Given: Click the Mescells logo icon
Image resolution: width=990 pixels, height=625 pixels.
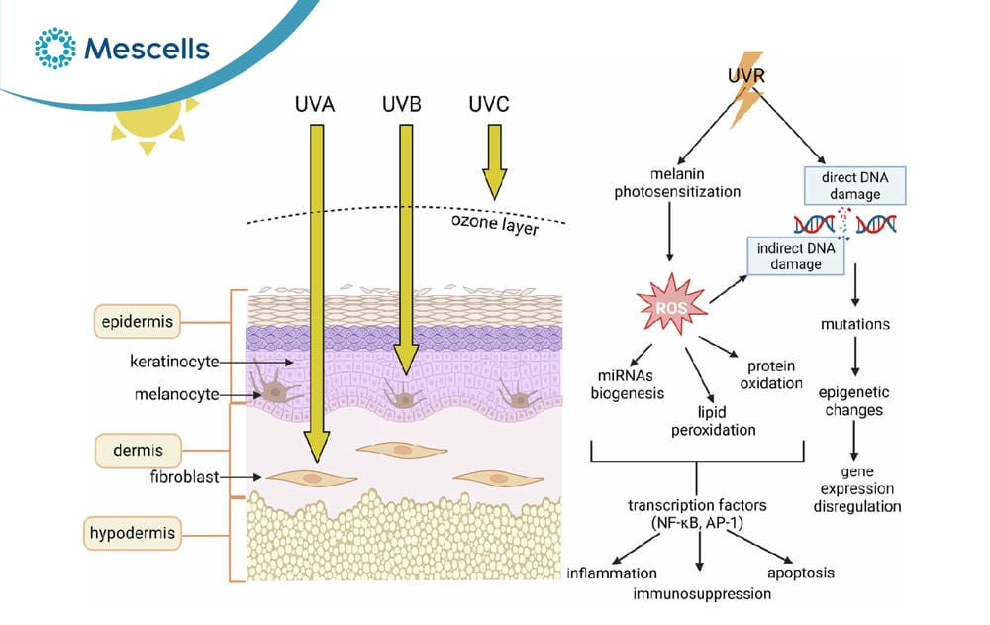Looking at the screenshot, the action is coord(54,48).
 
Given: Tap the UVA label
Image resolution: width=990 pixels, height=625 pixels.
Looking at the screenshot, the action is coord(315,104).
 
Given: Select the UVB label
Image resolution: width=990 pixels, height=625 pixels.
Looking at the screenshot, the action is coord(402,104).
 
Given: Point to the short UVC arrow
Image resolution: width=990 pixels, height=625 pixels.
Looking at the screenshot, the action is coord(494,161).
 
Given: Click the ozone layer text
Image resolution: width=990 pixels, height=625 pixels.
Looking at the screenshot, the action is coord(495,224).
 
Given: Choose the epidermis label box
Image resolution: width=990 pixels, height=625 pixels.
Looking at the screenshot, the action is coord(137,322).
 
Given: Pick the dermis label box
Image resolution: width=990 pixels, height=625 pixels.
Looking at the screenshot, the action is coord(138,451).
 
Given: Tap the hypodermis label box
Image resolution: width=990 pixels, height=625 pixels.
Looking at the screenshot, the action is coord(132,533).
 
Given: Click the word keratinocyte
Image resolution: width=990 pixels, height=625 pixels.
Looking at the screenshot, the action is coord(174,362).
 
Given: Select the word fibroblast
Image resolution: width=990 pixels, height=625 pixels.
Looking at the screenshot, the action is coord(184,476).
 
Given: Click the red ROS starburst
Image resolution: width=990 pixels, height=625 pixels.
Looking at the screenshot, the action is coord(671,305).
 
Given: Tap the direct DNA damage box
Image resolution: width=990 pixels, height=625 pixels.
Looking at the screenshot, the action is coord(855,186).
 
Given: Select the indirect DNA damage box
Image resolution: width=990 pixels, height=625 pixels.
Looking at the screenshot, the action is coord(796,256).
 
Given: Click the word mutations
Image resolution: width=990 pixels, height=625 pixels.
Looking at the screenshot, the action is coord(855,324).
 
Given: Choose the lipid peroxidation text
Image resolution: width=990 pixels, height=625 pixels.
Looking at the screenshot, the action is coord(713,421).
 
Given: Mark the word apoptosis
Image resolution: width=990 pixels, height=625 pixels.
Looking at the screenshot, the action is coord(801,573).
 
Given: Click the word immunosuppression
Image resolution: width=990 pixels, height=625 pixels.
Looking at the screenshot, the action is coord(702,593).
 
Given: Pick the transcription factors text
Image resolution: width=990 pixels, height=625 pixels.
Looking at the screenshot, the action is coord(697,514).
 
